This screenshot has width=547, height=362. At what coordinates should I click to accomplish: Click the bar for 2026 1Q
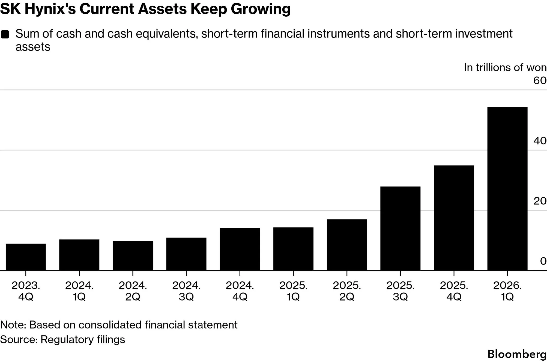point(507,189)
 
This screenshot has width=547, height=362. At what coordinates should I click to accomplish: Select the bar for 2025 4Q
point(454,218)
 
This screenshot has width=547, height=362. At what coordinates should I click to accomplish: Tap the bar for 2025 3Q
point(400,229)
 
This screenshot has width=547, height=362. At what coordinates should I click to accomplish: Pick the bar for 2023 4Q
point(26,257)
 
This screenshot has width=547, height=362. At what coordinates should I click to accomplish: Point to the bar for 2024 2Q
point(133,256)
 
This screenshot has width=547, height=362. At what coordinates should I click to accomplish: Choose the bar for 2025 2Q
point(347,245)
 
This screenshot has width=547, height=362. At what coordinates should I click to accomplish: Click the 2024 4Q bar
point(240,249)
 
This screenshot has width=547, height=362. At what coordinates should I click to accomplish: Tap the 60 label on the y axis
point(540,81)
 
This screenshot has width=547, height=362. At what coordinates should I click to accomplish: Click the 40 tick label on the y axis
point(540,141)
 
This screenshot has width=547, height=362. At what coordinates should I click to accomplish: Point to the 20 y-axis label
point(540,201)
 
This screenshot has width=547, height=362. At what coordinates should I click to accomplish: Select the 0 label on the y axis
point(543,261)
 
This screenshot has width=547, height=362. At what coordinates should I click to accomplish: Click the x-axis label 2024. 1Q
point(79,291)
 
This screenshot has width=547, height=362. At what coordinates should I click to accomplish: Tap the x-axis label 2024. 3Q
point(186,291)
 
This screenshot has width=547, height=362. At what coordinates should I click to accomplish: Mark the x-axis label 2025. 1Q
point(293,291)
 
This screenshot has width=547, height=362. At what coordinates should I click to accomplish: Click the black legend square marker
point(5,34)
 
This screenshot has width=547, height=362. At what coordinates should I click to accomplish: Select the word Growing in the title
point(261,9)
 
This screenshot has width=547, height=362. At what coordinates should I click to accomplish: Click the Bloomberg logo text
point(517,354)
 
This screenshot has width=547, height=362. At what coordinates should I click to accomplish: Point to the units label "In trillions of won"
point(505,67)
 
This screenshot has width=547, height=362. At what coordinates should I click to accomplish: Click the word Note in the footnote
point(13,325)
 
